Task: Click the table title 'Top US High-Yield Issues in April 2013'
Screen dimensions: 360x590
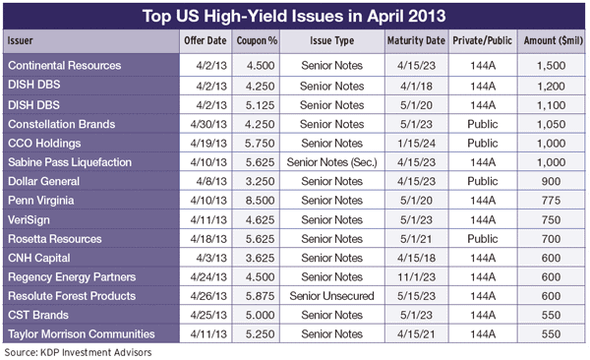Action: [x=294, y=17]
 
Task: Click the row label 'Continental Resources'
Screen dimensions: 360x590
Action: [x=64, y=65]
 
